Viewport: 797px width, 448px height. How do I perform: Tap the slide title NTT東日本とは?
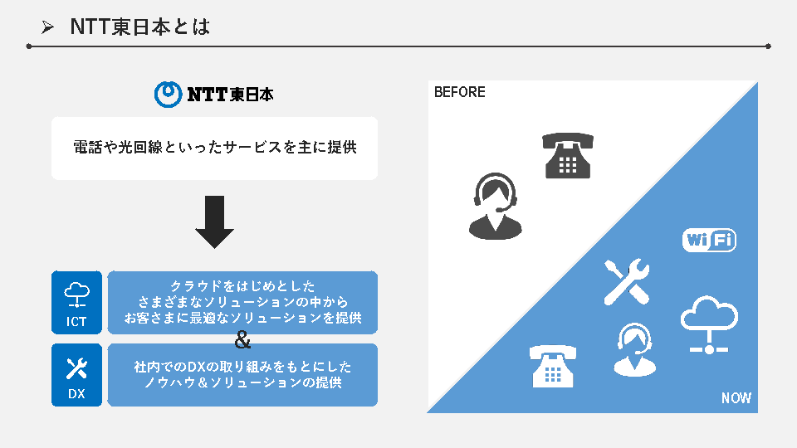[x=139, y=27]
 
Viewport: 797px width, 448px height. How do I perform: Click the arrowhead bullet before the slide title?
[x=48, y=28]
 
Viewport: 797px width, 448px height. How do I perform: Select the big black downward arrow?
[x=214, y=222]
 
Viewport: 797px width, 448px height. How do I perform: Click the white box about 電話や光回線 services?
[x=214, y=148]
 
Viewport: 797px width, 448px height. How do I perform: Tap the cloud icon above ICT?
[x=76, y=294]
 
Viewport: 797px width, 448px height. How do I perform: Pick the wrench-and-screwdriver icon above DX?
[x=76, y=368]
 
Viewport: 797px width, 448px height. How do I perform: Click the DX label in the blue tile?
[x=76, y=394]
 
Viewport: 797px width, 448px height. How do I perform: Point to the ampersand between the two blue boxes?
[x=242, y=340]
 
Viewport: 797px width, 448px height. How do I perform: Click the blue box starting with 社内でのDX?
[x=242, y=375]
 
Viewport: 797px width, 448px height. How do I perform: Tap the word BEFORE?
[x=460, y=92]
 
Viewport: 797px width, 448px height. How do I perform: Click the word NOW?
[x=736, y=398]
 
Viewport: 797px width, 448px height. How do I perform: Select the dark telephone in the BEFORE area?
[x=568, y=155]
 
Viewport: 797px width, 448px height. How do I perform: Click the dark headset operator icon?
[x=496, y=207]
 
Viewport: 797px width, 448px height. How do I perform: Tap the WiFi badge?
[x=709, y=241]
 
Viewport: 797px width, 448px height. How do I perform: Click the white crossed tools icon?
[x=626, y=281]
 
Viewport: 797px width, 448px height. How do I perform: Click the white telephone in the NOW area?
[x=553, y=366]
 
